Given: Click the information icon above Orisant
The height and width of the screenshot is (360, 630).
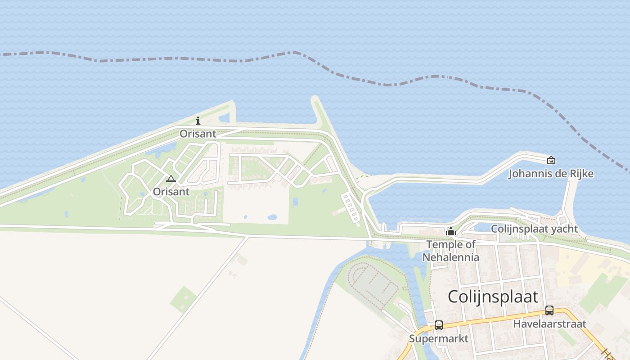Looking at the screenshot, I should coord(198,121).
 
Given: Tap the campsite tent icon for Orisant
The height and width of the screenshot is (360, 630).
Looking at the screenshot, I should coord(171,179).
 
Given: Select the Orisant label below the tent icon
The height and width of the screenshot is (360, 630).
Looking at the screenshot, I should coord(171,192).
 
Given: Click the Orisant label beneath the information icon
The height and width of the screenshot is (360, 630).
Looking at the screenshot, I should coord(198,134).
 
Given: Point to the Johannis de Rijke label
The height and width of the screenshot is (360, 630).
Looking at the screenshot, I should coord(551,174).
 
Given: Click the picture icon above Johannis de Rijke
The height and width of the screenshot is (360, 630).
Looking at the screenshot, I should coord(551,160).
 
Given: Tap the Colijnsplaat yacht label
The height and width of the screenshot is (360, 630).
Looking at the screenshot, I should coord(534,229).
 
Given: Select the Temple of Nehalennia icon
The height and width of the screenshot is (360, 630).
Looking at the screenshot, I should coord(450,232).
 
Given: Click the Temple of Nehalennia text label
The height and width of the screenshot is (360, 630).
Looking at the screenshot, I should coord(450,251).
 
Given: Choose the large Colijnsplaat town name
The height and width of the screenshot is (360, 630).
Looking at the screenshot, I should coord(493,297).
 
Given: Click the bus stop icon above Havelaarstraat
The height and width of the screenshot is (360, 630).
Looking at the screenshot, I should coord(549,310).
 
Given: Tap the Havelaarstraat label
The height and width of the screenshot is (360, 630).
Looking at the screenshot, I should coord(549,324).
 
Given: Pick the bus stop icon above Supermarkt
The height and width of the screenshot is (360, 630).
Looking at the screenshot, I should coord(439,325).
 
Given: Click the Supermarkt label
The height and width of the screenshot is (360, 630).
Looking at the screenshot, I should coord(439,338).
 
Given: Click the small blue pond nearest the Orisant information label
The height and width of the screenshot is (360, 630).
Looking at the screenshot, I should coord(224,119).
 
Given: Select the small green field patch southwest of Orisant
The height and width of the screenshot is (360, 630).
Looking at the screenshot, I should coord(183,299).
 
